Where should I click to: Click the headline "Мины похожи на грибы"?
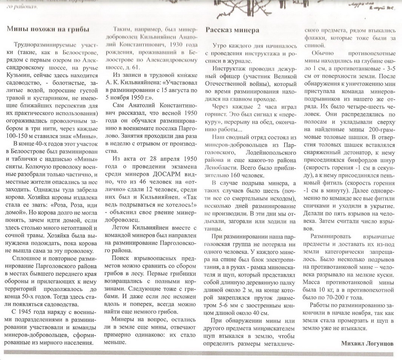[x=48, y=29]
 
